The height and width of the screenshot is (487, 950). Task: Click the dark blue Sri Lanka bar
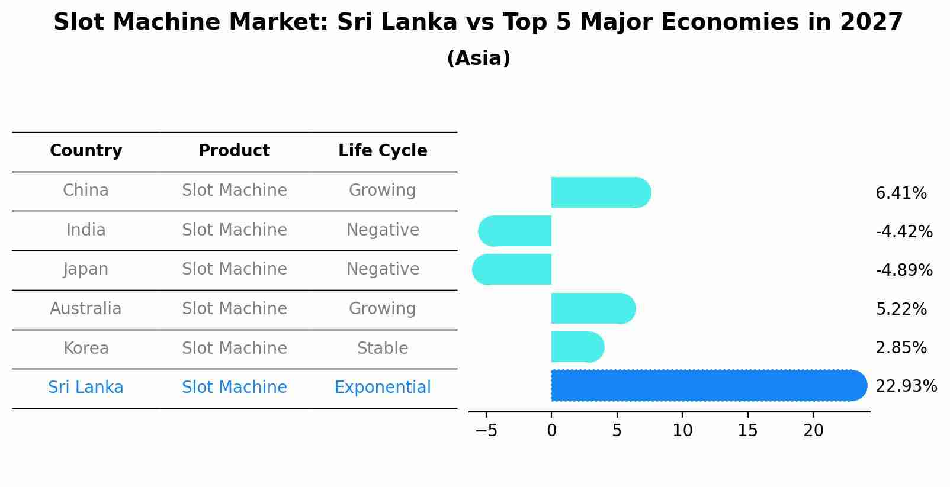pos(708,385)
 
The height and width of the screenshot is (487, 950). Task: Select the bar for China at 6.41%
pos(601,192)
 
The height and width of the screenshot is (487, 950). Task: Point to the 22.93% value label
pos(906,386)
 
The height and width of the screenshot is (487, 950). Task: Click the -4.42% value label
pos(904,231)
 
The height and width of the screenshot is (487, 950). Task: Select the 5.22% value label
pos(901,309)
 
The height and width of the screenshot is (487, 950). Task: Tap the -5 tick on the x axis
pos(486,430)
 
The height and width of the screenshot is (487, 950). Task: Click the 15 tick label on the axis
pos(747,430)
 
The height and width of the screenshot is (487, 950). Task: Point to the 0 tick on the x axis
pos(551,430)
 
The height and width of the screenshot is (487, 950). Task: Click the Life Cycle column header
pos(383,151)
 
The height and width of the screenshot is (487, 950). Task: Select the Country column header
pos(86,151)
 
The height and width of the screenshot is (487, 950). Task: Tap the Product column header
pos(234,151)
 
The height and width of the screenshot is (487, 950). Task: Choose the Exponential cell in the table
pos(383,388)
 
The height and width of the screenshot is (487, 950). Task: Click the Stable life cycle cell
pos(383,348)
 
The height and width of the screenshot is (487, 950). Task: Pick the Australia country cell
pos(86,309)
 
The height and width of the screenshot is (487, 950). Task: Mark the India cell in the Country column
pos(86,230)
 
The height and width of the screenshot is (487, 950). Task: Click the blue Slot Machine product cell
pos(234,388)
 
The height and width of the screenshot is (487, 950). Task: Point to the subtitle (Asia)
pos(479,59)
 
